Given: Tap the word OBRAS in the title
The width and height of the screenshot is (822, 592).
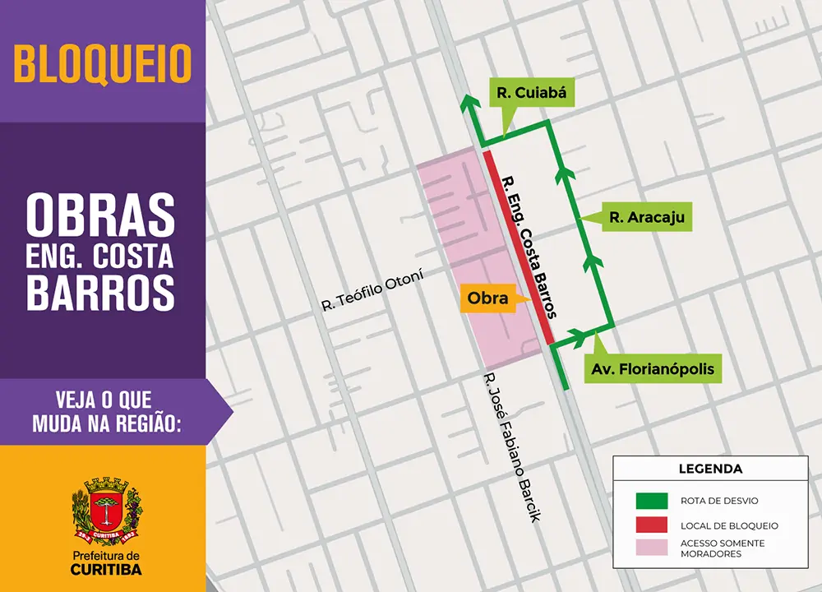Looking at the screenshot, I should coord(100,216).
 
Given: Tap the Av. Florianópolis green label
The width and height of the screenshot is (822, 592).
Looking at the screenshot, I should coord(653,369).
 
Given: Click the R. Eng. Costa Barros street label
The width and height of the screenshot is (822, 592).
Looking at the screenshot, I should coord(530,247).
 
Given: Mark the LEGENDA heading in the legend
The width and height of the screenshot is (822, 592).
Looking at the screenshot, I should coord(710,469).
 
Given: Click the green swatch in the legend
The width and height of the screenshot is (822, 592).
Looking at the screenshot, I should coord(651,500).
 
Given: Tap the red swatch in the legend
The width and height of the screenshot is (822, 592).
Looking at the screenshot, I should coord(651,525).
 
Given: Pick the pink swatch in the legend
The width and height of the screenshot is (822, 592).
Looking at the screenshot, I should coord(651,548).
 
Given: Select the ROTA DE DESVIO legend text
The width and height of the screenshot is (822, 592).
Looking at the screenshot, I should coord(719,501).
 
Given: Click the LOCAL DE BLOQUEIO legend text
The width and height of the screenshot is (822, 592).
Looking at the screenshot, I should coord(729,525).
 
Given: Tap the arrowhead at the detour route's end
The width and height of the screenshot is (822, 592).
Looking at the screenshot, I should coord(469,104).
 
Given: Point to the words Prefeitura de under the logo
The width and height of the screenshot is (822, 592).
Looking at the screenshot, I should coord(104,557).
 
